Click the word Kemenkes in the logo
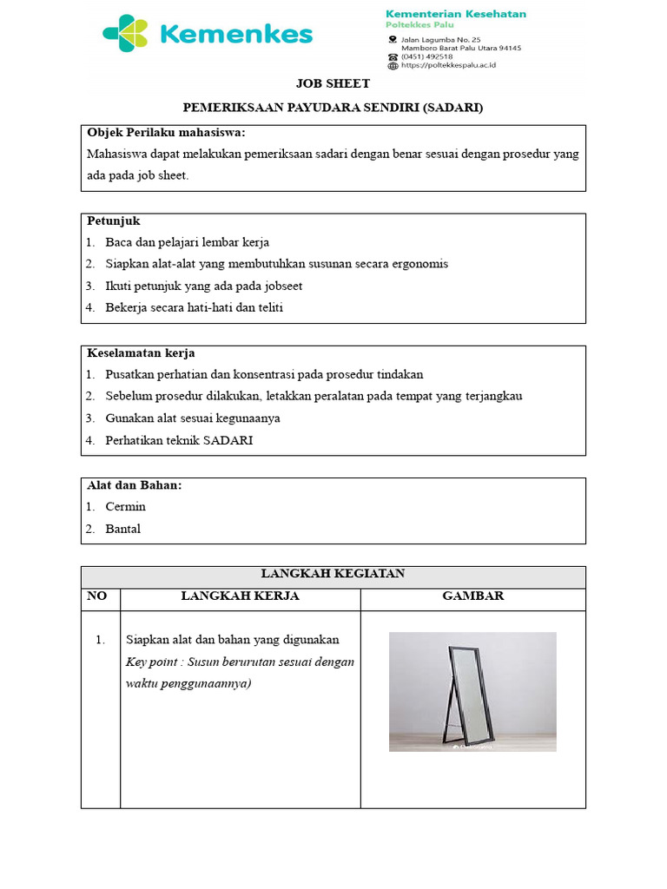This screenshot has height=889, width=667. [x=236, y=35]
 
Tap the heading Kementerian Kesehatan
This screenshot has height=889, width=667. [x=455, y=13]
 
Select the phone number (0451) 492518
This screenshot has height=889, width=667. [x=426, y=56]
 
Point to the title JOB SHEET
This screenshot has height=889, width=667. [x=333, y=84]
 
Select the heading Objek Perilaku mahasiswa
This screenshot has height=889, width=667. [x=166, y=133]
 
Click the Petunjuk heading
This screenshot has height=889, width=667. [x=113, y=221]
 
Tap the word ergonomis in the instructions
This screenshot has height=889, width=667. [x=419, y=264]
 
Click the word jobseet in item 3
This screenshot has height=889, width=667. [x=281, y=286]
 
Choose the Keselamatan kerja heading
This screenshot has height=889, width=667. [x=141, y=353]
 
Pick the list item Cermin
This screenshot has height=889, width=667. [x=125, y=507]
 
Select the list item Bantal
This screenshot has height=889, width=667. [x=122, y=529]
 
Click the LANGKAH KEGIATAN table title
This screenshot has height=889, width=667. [x=333, y=574]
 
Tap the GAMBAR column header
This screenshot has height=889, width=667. [x=472, y=596]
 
